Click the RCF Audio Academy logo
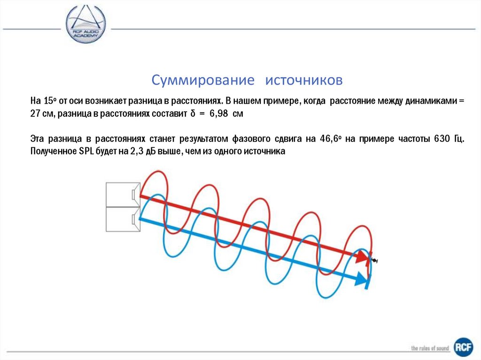pos(85,24)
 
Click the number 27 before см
pos(35,114)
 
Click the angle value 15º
pos(50,101)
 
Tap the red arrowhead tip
pos(365,258)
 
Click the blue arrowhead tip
pos(365,281)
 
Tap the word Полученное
pos(51,151)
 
